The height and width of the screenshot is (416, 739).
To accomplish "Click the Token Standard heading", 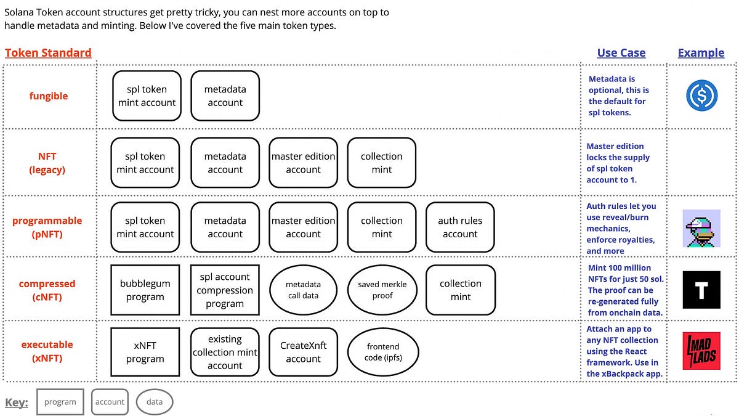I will (x=48, y=53).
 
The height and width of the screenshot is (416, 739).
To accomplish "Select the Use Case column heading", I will (x=621, y=53).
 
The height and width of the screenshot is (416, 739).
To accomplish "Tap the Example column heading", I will (x=701, y=53).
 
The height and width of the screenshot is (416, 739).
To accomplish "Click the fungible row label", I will (x=49, y=96).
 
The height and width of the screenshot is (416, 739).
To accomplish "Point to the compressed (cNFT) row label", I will (x=47, y=290).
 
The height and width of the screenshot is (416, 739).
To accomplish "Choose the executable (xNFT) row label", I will (x=47, y=351).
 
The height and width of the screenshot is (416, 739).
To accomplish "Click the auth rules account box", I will (x=460, y=227).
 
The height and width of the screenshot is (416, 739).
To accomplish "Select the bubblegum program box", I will (x=145, y=290).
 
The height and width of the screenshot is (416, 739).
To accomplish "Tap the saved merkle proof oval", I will (x=382, y=290).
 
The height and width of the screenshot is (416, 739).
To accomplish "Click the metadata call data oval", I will (x=304, y=290).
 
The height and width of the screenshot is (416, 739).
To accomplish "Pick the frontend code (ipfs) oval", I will (x=382, y=352).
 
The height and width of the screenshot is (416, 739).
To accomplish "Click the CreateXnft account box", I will (x=303, y=352).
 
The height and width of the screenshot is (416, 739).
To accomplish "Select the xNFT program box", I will (x=145, y=352).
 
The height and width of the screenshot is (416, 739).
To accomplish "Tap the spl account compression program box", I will (x=225, y=290).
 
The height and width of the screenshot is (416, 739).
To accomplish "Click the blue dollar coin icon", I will (x=701, y=96).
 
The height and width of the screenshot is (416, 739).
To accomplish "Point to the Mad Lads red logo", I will (x=701, y=351).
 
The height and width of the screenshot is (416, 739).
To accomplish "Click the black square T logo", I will (x=701, y=290).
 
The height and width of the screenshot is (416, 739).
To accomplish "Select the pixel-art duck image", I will (x=701, y=228).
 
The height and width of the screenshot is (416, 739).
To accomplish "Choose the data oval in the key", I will (x=155, y=402).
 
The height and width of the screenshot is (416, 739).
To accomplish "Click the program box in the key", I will (x=60, y=402).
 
